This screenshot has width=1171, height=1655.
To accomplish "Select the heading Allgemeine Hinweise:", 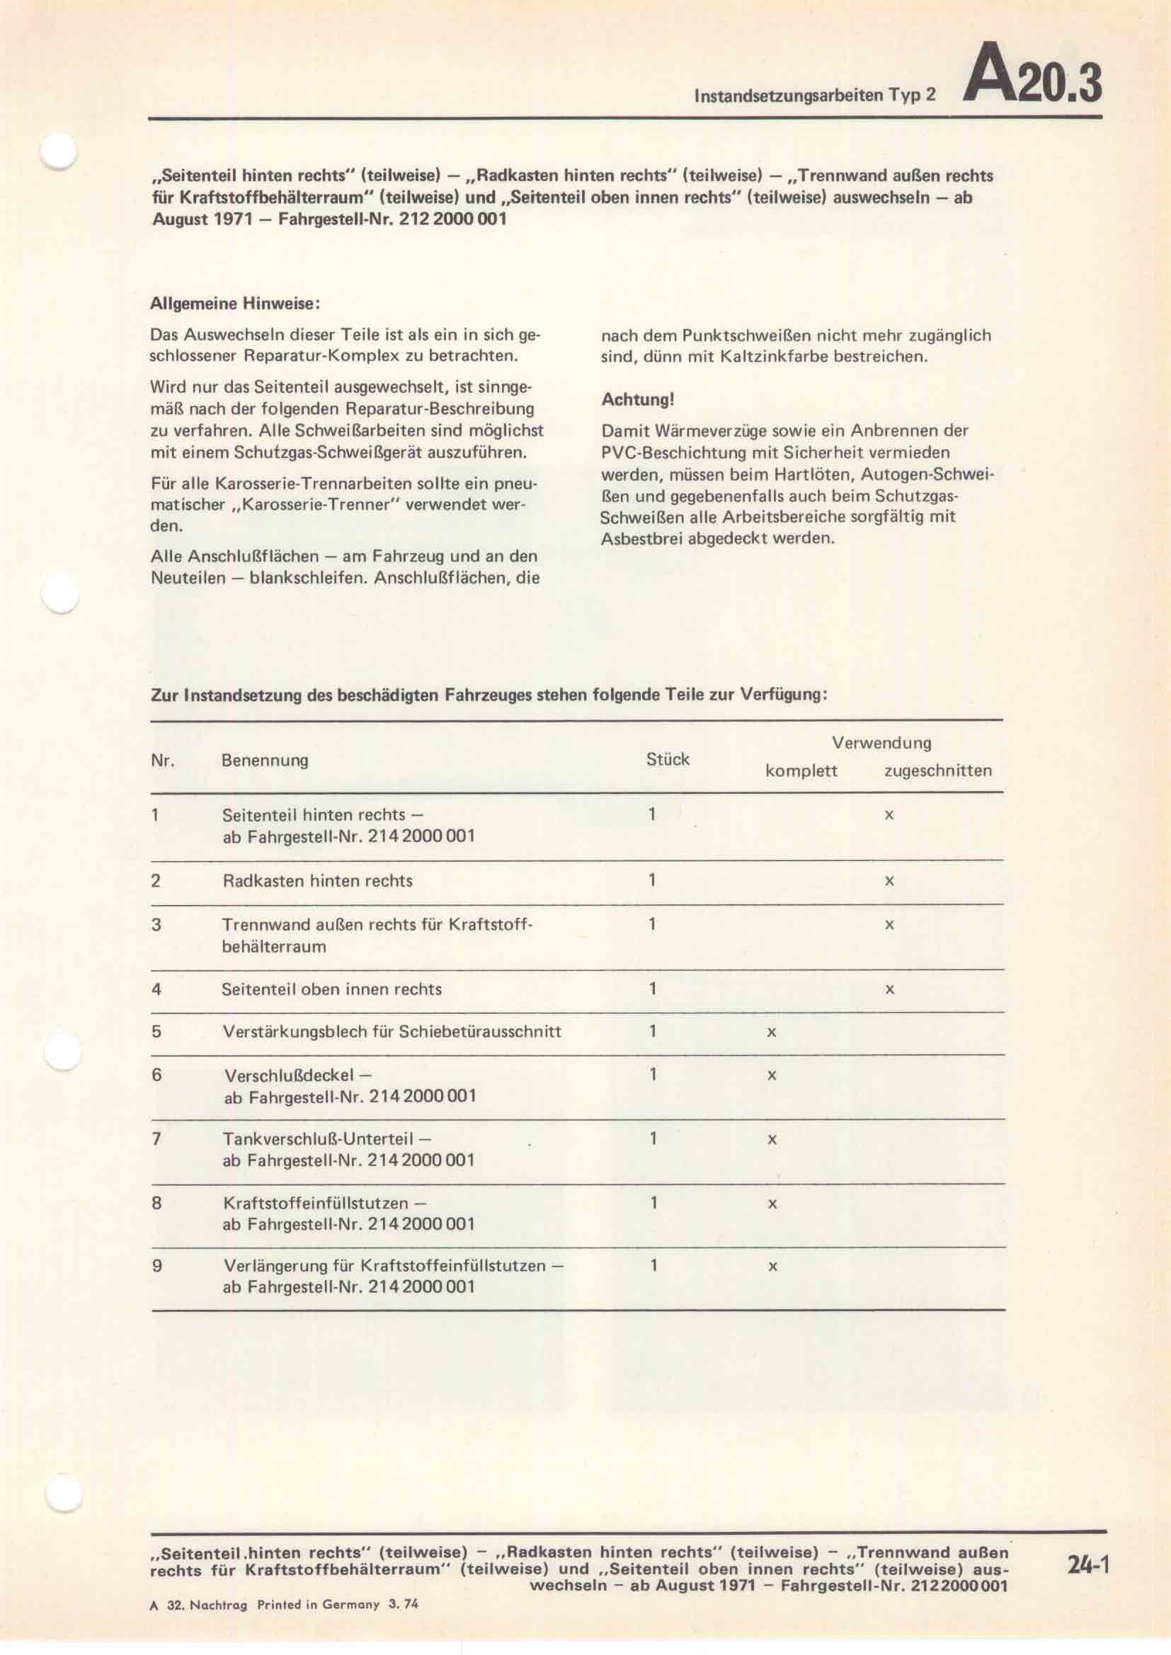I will [234, 304].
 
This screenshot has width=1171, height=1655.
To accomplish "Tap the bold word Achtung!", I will [637, 399].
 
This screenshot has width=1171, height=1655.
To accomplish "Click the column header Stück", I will [668, 759].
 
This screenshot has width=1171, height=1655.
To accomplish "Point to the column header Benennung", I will [265, 761].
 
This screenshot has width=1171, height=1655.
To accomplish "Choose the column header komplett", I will [801, 771].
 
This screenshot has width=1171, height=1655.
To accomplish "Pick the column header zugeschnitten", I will [937, 771].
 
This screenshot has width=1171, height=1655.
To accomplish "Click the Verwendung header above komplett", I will [881, 742].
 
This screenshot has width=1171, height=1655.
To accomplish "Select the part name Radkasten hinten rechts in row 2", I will [317, 881].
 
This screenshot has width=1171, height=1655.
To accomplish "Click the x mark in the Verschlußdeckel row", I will [772, 1076].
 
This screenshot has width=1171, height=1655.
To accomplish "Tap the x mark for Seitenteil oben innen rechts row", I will [889, 990].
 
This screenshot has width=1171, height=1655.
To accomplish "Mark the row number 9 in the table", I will [156, 1265].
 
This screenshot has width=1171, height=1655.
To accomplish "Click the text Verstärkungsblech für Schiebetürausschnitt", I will [392, 1032].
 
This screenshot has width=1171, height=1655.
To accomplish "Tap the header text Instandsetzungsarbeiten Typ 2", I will [814, 95].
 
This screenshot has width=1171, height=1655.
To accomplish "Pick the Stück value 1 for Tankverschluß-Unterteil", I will [653, 1139].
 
